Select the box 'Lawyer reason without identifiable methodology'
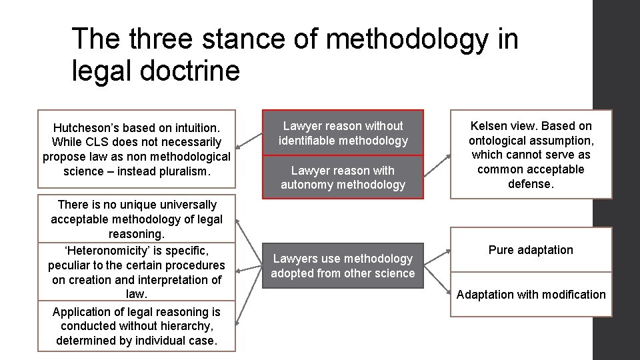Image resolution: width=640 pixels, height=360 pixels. click(343, 133)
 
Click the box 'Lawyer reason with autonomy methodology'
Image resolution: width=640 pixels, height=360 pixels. click(343, 177)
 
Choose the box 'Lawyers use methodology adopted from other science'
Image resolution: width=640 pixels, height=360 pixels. click(343, 265)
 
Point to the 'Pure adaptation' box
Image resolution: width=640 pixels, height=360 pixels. click(531, 250)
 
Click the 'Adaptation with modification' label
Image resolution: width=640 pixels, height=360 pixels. click(531, 295)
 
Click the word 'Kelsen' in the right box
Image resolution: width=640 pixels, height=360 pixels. click(489, 126)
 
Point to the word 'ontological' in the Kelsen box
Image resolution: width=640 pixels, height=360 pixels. click(497, 141)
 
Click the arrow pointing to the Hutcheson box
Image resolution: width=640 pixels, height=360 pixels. click(245, 141)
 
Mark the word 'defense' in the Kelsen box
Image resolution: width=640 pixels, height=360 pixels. click(530, 183)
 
